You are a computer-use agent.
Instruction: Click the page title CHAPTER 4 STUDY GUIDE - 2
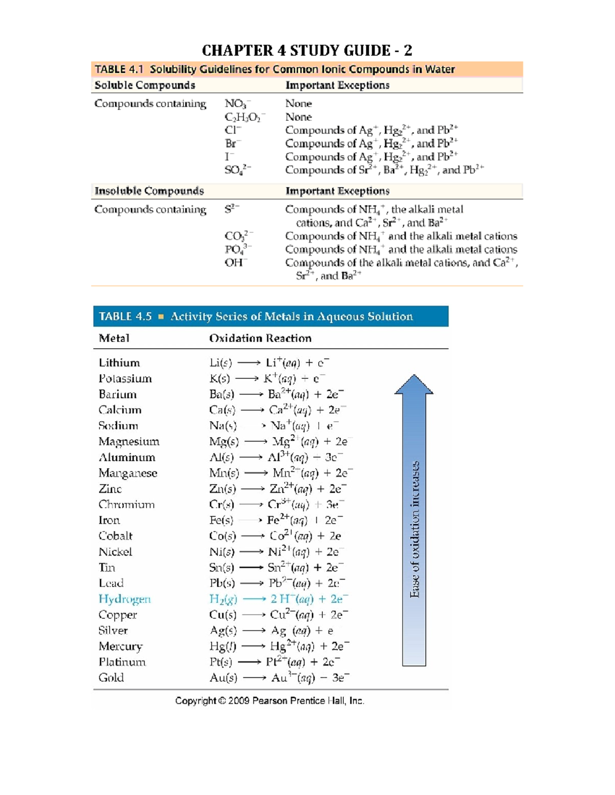[x=306, y=50]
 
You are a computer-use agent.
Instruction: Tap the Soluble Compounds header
[x=145, y=85]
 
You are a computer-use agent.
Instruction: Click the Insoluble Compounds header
[x=149, y=191]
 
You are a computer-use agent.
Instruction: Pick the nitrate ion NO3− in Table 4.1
[x=237, y=104]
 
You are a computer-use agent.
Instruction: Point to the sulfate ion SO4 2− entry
[x=237, y=170]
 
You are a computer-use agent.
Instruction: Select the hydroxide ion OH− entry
[x=236, y=263]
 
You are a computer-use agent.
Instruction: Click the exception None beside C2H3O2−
[x=298, y=117]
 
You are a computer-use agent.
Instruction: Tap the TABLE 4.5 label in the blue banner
[x=125, y=316]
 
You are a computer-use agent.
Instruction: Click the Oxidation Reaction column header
[x=260, y=338]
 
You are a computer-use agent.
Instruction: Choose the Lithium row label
[x=119, y=363]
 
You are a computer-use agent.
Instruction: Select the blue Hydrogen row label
[x=125, y=599]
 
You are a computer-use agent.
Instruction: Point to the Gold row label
[x=111, y=678]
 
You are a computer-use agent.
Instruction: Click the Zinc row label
[x=110, y=489]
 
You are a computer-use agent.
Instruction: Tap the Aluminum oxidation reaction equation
[x=276, y=458]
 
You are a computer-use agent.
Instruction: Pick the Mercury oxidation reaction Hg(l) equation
[x=279, y=647]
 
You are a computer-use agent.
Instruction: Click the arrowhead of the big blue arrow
[x=414, y=385]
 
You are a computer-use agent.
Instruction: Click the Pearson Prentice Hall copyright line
[x=270, y=701]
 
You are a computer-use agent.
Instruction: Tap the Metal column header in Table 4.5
[x=114, y=338]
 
